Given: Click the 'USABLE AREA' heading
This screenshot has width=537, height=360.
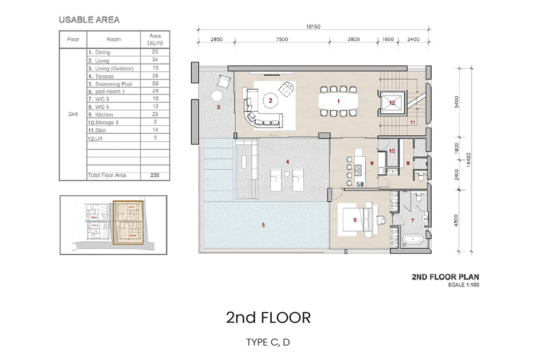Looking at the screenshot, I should click(89, 20).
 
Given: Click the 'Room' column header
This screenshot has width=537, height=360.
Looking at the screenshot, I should click(113, 39).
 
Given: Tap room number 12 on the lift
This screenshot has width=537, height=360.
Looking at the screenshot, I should click(392, 103).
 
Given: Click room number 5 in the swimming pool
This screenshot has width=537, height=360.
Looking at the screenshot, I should click(263, 225).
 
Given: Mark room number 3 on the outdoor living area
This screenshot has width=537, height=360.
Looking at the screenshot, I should click(219, 107).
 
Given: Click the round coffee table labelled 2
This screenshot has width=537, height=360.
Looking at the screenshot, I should click(271, 100).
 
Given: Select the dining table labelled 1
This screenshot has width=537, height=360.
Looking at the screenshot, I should click(338, 100).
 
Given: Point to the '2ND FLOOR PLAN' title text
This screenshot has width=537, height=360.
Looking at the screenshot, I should click(445, 277).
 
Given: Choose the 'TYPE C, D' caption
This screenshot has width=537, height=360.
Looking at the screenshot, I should click(268, 342).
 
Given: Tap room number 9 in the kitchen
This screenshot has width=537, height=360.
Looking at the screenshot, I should click(371, 163).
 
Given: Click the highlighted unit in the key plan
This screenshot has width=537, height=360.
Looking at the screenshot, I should click(128, 223).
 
